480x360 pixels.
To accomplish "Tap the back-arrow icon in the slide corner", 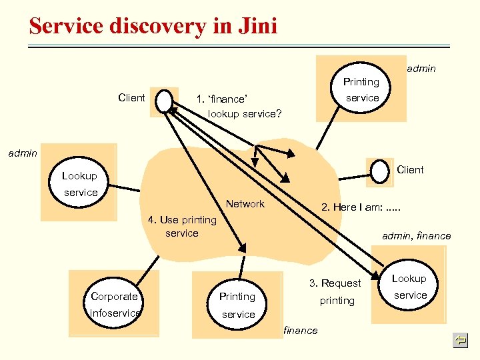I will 459,341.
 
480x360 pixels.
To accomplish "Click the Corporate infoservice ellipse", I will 115,304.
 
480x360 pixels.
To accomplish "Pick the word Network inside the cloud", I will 245,204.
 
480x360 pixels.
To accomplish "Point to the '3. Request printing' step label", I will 335,292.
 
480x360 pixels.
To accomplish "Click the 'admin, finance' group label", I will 416,235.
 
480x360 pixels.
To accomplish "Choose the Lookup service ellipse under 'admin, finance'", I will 409,287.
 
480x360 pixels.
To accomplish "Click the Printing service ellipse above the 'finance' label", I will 238,305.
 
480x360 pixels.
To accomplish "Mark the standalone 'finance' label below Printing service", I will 301,331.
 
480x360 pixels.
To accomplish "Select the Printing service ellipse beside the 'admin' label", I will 361,89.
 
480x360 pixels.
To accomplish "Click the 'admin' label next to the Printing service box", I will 421,68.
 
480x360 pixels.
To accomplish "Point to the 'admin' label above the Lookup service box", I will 22,153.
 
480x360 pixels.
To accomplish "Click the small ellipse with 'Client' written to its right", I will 380,170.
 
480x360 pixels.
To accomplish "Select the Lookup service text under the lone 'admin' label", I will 80,184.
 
